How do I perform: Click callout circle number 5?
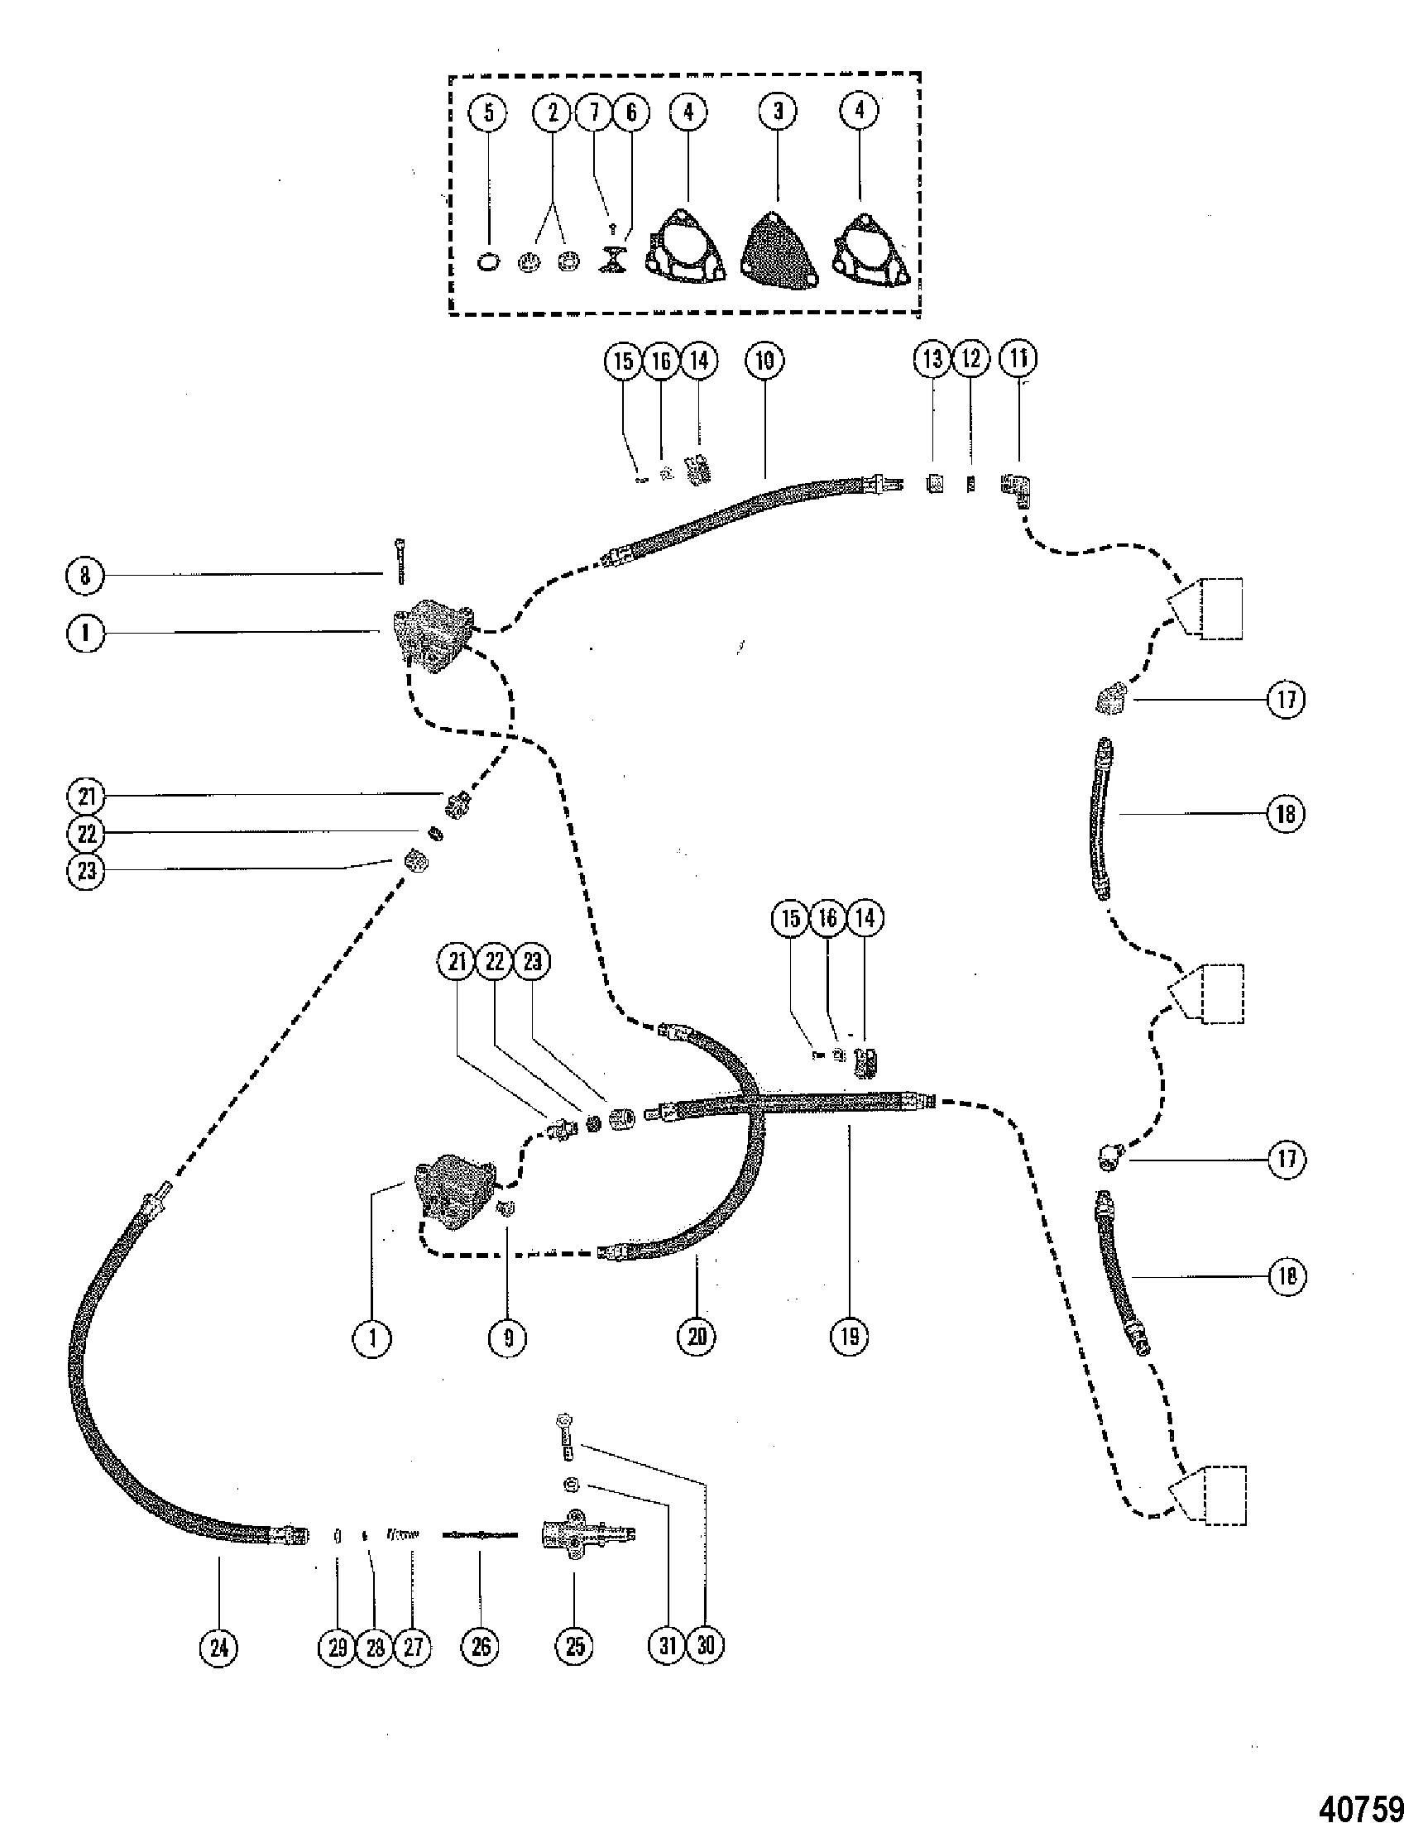[489, 112]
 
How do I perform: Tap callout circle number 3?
[778, 111]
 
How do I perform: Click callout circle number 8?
[85, 577]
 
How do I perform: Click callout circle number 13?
[932, 359]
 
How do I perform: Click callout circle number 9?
[508, 1338]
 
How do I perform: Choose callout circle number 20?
[697, 1337]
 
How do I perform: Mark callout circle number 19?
[849, 1337]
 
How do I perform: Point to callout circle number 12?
[970, 359]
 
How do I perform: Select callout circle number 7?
[594, 112]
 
